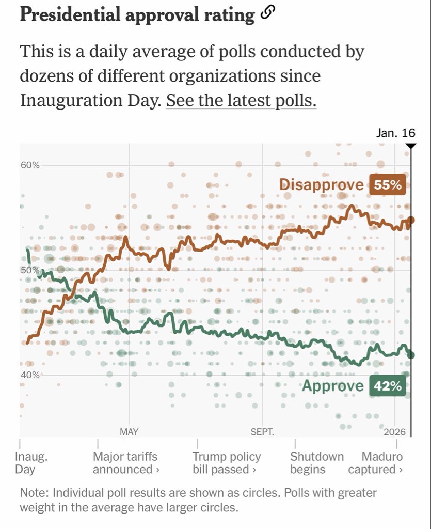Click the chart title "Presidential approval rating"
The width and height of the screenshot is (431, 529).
(137, 15)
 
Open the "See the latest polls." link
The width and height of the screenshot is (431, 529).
(241, 101)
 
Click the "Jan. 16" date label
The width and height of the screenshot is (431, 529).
(396, 133)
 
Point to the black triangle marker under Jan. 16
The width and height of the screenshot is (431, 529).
(410, 146)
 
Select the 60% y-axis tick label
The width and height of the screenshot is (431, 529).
(30, 165)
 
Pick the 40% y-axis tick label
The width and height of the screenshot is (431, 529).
(30, 375)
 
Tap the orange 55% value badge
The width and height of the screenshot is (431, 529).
(388, 185)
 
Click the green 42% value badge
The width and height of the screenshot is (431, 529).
(388, 386)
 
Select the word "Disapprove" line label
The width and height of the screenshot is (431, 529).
(321, 185)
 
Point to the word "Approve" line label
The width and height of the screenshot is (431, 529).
(333, 386)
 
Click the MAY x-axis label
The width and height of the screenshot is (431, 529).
(129, 432)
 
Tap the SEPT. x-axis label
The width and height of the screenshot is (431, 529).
(262, 432)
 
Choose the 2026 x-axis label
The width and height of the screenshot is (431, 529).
(395, 432)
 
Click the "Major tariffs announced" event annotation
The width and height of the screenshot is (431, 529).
(125, 463)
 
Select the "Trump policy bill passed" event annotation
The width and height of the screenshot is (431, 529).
(226, 463)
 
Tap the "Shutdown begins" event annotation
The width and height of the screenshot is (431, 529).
(316, 463)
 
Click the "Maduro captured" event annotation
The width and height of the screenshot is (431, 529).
(375, 463)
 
